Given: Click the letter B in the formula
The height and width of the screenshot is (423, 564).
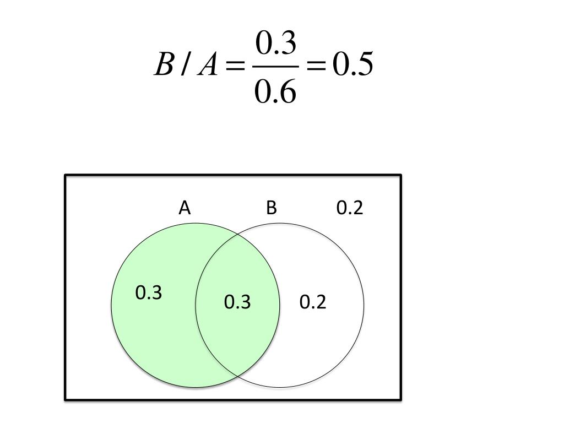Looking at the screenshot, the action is [x=164, y=66].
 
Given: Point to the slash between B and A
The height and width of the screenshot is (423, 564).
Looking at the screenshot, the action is [x=186, y=66].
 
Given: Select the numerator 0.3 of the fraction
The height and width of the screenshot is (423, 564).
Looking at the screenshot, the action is [x=276, y=45].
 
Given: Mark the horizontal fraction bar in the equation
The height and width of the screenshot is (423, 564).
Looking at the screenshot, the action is [x=276, y=67].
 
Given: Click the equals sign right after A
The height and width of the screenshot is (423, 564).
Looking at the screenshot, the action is [x=235, y=67].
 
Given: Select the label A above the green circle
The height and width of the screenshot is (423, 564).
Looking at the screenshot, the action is [x=185, y=208].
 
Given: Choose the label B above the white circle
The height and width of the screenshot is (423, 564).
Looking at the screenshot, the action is [x=271, y=208].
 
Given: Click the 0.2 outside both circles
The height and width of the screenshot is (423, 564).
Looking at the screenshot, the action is [x=350, y=208].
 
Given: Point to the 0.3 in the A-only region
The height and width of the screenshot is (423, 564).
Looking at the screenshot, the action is [x=149, y=293].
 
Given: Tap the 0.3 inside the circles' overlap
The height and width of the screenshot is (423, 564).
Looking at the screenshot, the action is [x=237, y=302].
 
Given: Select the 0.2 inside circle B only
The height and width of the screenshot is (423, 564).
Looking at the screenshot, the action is [x=313, y=302].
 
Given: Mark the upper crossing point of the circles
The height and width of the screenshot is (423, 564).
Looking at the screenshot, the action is [x=238, y=235].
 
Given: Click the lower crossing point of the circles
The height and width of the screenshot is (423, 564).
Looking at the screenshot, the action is [x=238, y=376].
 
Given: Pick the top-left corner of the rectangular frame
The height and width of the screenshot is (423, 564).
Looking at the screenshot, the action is [x=66, y=176].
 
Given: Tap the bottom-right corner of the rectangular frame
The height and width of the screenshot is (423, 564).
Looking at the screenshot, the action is [x=400, y=399].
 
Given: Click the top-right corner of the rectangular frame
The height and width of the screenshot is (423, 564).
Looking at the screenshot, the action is [x=400, y=176].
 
